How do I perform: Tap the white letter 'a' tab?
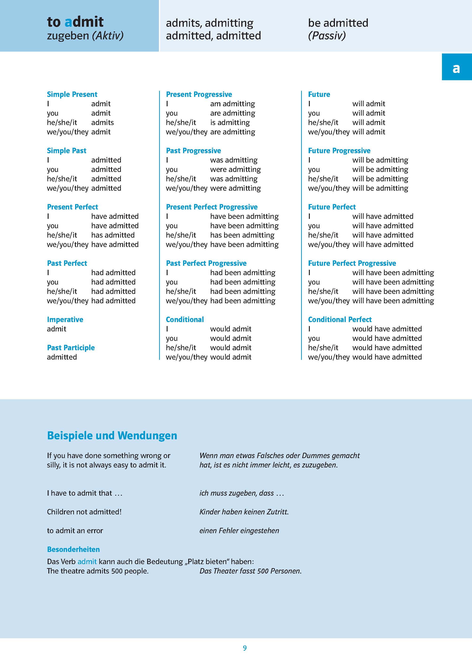(x=456, y=68)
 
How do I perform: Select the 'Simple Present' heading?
(x=72, y=94)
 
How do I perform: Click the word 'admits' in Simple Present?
(x=102, y=122)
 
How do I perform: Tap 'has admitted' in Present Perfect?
(x=113, y=235)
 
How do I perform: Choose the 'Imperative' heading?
(x=65, y=320)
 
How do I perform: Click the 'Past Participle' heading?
(x=71, y=348)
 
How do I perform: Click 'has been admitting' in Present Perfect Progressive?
(x=242, y=235)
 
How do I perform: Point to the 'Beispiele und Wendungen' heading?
(x=112, y=436)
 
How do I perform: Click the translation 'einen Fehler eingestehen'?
(x=239, y=531)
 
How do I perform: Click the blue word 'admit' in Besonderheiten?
(x=87, y=562)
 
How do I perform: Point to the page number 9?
(x=245, y=648)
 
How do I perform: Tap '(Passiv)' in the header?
(x=327, y=36)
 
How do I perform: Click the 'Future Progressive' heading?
(x=339, y=151)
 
